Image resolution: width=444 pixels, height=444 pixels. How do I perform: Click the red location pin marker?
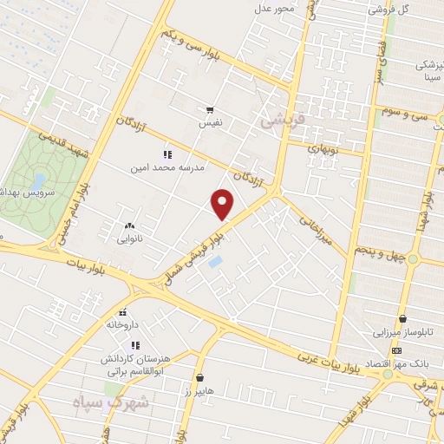point(223,205)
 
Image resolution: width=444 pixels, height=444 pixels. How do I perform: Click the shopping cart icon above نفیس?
point(210,110)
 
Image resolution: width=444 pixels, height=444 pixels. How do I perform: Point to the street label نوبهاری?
point(323,147)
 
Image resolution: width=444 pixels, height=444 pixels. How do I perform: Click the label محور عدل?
point(275,8)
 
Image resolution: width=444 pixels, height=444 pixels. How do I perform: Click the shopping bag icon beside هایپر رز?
point(201,377)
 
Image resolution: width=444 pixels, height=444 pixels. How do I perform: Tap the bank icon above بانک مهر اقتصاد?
point(397,350)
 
